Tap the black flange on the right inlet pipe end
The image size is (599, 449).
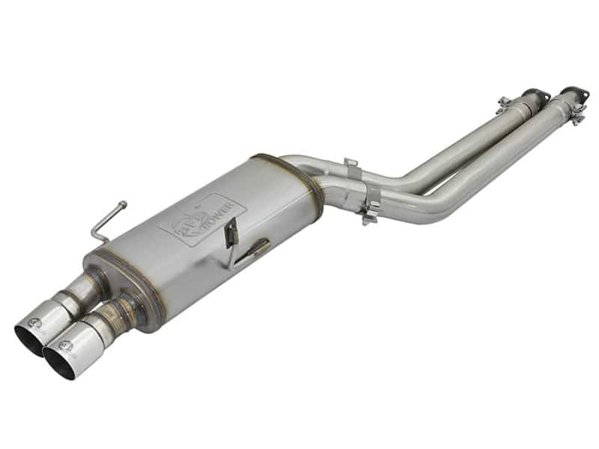point(574,94)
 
